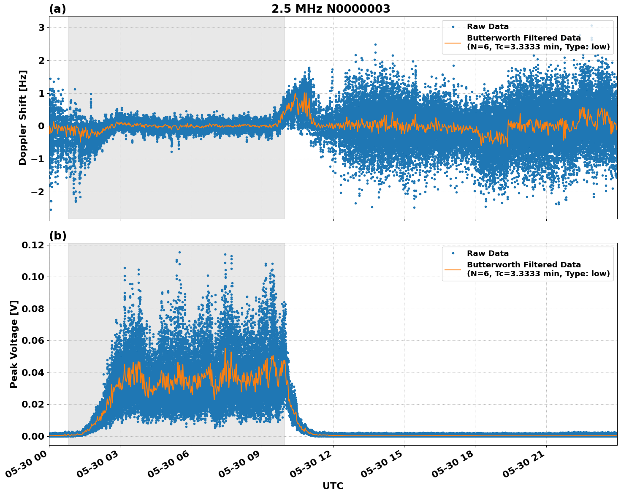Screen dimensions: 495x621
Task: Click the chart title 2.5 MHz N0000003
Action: click(x=331, y=9)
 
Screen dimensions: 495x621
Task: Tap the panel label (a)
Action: click(x=57, y=9)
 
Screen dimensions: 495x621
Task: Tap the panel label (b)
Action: click(x=57, y=236)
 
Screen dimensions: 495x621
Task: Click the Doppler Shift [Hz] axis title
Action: click(x=23, y=117)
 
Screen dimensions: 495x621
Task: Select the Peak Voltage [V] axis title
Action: click(x=14, y=344)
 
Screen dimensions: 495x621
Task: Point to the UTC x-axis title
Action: click(x=333, y=486)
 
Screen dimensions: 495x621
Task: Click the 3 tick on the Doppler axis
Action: click(x=41, y=27)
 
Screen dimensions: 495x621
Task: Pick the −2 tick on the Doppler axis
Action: click(x=38, y=192)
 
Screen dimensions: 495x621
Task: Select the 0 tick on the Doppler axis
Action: click(x=41, y=126)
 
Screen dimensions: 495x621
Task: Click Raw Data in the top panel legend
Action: click(x=488, y=27)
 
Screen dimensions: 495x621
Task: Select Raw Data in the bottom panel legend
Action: click(x=488, y=253)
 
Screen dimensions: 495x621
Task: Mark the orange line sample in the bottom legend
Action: click(x=453, y=269)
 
